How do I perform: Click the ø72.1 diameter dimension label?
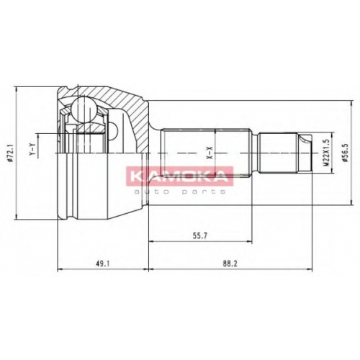[x=10, y=153]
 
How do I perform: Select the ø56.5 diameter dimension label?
[x=346, y=153]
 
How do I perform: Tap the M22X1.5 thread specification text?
[x=326, y=153]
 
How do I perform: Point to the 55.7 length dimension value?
[x=199, y=235]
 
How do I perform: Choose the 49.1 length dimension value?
[x=102, y=264]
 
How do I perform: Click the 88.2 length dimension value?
[x=230, y=264]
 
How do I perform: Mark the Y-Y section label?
[x=33, y=149]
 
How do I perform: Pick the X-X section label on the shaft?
[x=210, y=153]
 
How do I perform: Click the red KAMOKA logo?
[x=180, y=176]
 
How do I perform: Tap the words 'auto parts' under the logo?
[x=180, y=192]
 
